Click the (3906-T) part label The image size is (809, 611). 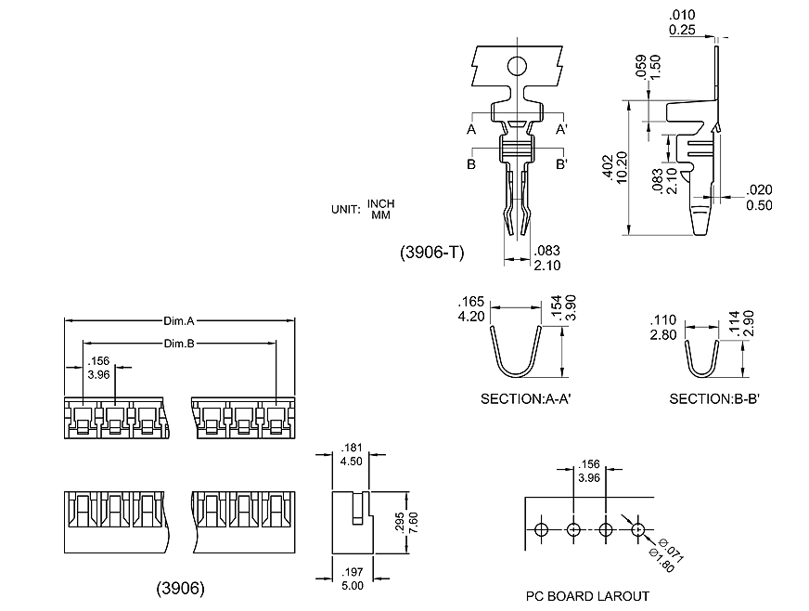(432, 252)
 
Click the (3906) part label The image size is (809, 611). (180, 588)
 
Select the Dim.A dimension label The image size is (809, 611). (178, 321)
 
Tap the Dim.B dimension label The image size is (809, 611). (178, 344)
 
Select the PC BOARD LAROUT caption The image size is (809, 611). (587, 596)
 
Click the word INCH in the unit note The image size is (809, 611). (381, 203)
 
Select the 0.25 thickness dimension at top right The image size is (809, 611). (683, 31)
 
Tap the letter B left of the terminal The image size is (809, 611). (471, 164)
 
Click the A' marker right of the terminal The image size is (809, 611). (562, 129)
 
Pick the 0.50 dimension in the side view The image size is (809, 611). (759, 205)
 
